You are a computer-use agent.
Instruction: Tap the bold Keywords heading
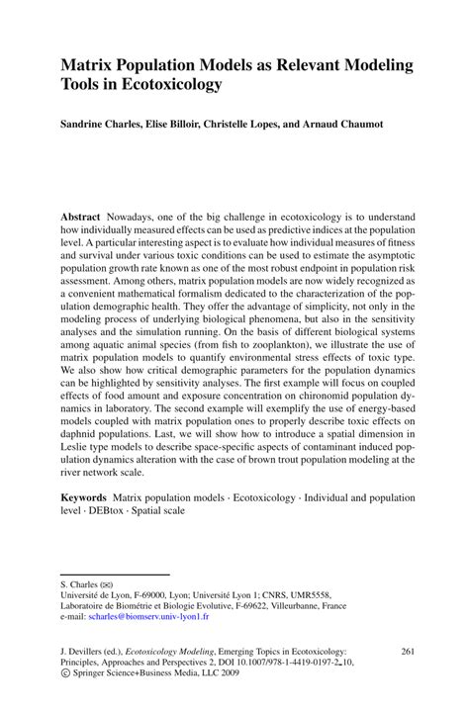(85, 502)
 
